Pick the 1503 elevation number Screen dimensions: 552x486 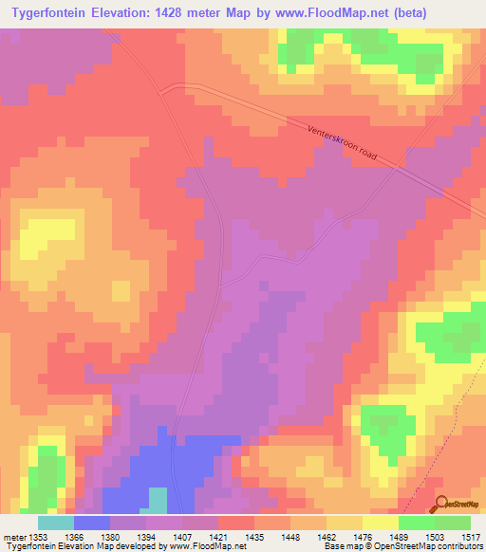click(436, 537)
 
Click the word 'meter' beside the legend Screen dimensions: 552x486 click(16, 537)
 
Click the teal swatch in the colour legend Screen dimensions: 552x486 click(55, 523)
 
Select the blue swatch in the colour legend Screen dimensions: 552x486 click(92, 523)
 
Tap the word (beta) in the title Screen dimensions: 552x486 click(403, 13)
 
